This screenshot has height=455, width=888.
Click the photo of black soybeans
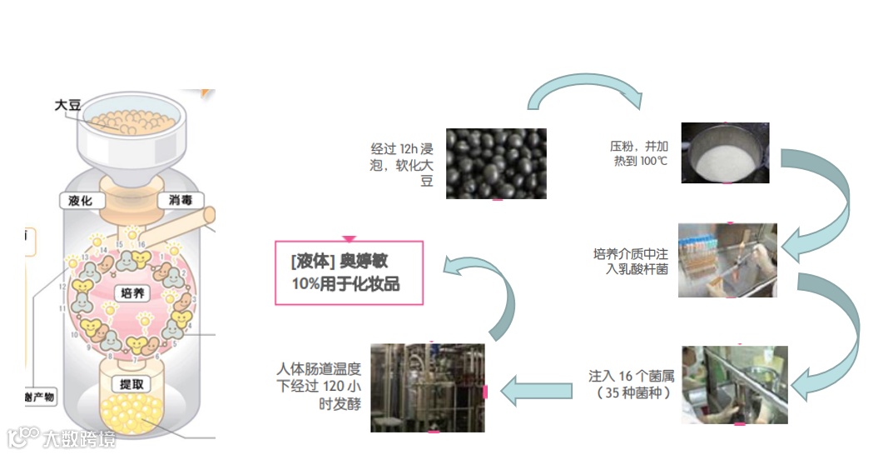click(x=496, y=163)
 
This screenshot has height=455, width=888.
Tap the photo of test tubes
click(x=727, y=260)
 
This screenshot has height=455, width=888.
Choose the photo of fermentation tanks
click(x=427, y=387)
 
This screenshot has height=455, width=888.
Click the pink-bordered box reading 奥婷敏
click(x=349, y=272)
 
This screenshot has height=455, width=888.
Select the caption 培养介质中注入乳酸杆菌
click(x=630, y=261)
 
